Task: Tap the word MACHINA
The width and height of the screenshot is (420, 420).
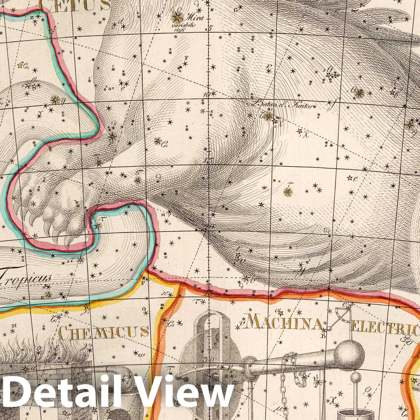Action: click(285, 323)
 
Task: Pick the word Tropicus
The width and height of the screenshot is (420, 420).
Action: click(25, 277)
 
